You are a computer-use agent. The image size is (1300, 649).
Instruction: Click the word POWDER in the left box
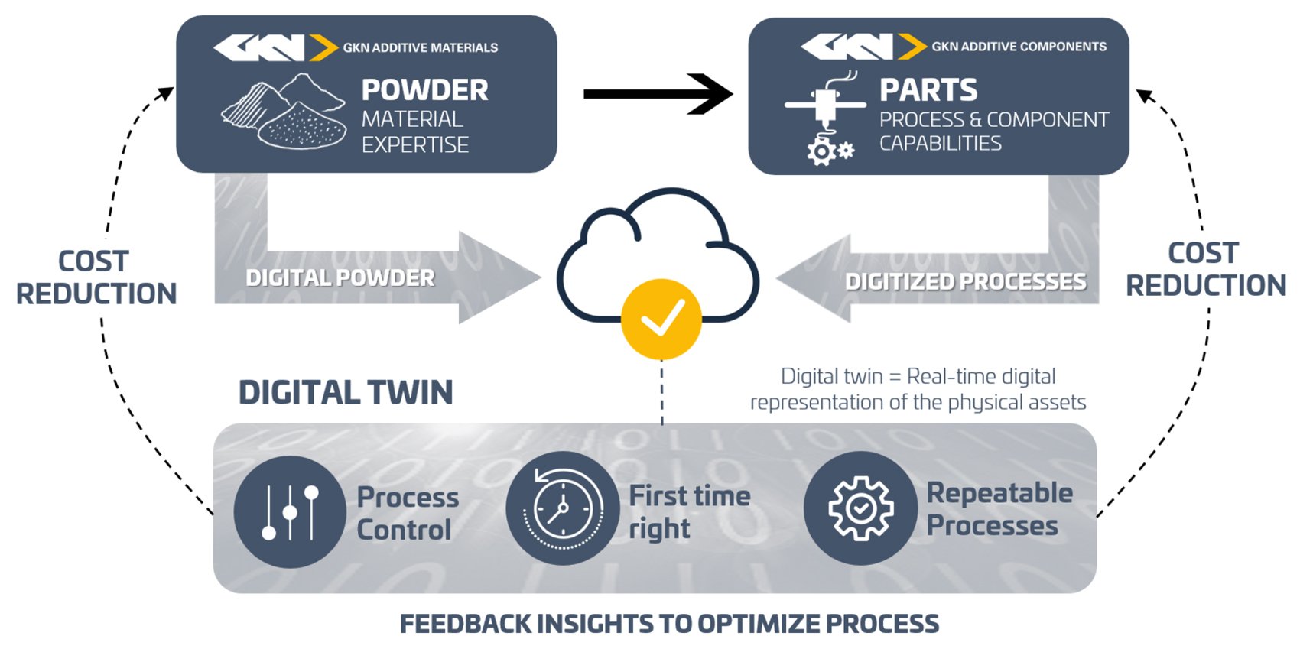(425, 90)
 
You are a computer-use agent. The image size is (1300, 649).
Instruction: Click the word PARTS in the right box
(928, 90)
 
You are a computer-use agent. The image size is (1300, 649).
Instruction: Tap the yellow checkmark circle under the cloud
(661, 319)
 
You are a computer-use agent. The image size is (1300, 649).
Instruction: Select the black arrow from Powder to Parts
(658, 94)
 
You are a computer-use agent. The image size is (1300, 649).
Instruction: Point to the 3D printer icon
(825, 118)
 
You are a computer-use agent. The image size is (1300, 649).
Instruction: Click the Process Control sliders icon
(290, 511)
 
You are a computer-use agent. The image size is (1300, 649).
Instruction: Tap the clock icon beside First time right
(562, 508)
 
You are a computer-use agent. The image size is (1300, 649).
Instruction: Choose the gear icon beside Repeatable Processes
(860, 508)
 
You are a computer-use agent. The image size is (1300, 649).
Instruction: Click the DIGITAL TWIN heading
(346, 393)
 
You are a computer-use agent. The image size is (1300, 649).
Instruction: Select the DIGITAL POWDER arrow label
(340, 277)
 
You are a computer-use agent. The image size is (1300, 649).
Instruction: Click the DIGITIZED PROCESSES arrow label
(966, 281)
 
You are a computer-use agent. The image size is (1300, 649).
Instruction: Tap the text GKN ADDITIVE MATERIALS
(420, 47)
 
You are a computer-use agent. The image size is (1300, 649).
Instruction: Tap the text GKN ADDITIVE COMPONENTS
(1019, 47)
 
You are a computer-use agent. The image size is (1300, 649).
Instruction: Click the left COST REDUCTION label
(96, 277)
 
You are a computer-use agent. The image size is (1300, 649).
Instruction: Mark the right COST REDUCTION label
(1206, 270)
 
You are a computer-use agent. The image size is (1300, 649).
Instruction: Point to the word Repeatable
(999, 494)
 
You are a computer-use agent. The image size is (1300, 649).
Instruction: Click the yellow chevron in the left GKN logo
(323, 47)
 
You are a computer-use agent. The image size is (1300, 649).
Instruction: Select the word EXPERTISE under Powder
(415, 145)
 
